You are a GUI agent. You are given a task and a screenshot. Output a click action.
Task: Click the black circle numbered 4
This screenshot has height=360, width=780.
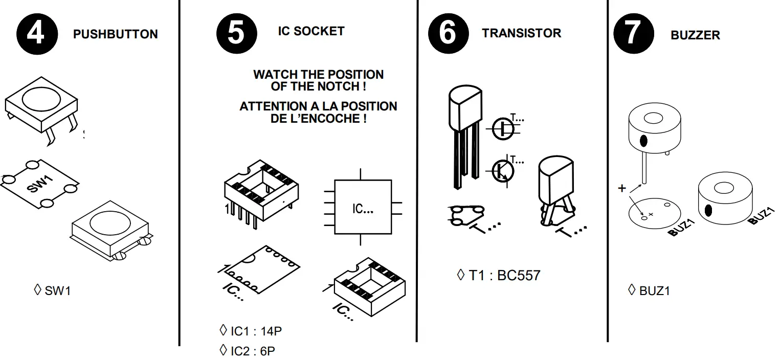click(x=36, y=34)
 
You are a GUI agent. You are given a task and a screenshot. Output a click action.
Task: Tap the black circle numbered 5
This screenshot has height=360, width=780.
click(x=236, y=34)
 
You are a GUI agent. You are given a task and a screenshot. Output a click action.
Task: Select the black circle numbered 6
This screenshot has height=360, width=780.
click(x=448, y=34)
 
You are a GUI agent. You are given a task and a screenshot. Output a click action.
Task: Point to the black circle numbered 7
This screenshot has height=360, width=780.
click(x=633, y=34)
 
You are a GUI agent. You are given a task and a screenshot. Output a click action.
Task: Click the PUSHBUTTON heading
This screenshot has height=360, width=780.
click(x=115, y=34)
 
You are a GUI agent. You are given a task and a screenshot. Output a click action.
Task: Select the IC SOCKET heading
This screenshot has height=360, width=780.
click(x=311, y=31)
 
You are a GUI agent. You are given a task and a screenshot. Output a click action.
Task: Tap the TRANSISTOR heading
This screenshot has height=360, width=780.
click(x=521, y=33)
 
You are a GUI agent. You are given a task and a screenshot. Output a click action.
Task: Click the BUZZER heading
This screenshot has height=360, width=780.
click(x=695, y=35)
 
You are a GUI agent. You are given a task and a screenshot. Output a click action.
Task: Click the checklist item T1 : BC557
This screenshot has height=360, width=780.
click(x=504, y=276)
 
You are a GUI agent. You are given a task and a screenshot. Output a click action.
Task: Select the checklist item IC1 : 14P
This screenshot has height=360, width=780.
click(x=256, y=331)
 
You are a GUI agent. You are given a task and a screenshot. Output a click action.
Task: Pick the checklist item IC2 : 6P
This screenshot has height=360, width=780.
click(x=253, y=351)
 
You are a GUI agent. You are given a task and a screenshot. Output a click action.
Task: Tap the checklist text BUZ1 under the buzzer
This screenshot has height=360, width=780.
click(x=654, y=291)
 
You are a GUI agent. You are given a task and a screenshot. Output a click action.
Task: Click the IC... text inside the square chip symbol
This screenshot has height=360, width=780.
click(x=362, y=209)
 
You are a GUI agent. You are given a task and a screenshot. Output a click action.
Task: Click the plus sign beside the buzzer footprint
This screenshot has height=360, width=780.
click(x=622, y=188)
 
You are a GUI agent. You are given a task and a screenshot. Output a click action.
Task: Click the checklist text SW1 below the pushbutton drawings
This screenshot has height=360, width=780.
click(x=57, y=291)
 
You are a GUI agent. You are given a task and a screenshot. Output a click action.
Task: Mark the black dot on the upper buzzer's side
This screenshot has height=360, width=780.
click(x=643, y=141)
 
